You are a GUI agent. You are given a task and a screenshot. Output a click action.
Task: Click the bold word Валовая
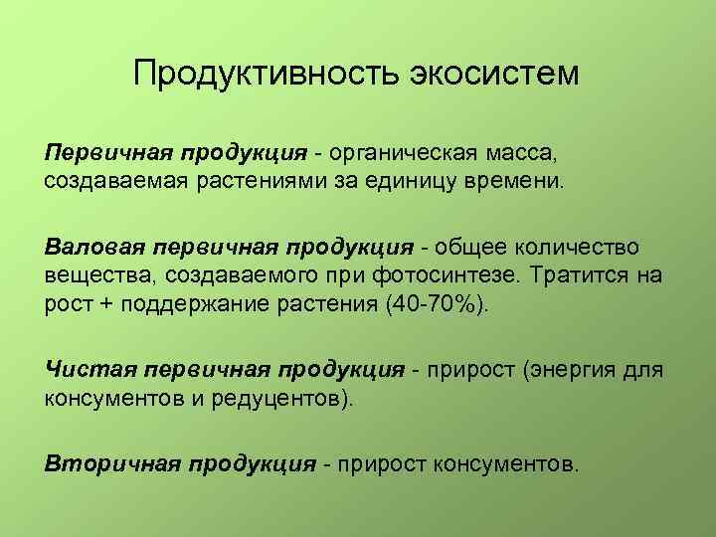pos(92,246)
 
